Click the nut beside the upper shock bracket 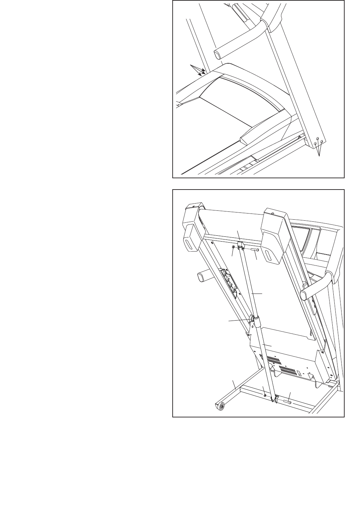pyautogui.click(x=234, y=247)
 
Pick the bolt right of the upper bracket pyautogui.click(x=255, y=250)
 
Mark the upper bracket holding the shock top pyautogui.click(x=240, y=245)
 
